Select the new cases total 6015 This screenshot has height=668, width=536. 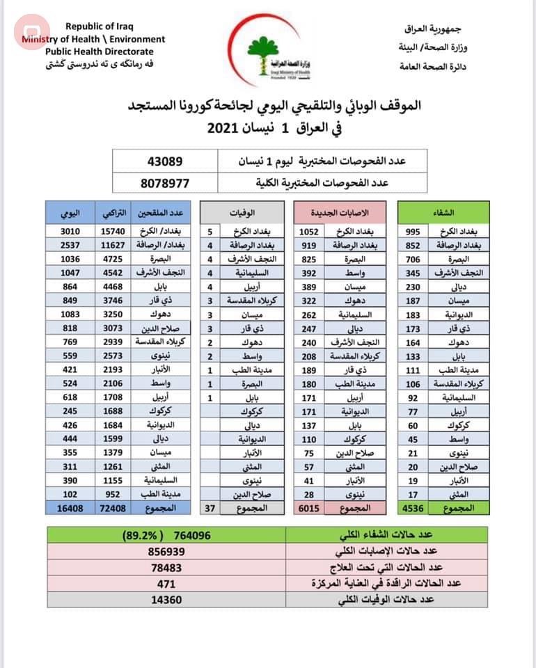pos(308,509)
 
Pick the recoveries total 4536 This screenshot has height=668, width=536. pos(412,509)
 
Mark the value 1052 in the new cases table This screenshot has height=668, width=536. pos(308,230)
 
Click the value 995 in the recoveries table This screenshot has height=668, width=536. pos(412,230)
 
